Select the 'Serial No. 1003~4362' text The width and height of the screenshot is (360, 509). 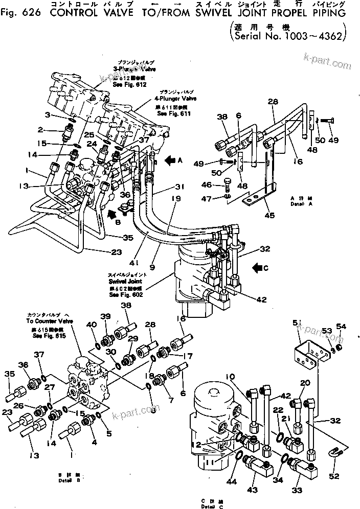(x=289, y=37)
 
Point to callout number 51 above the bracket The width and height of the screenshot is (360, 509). (x=295, y=322)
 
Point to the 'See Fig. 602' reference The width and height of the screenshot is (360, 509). (x=126, y=294)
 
